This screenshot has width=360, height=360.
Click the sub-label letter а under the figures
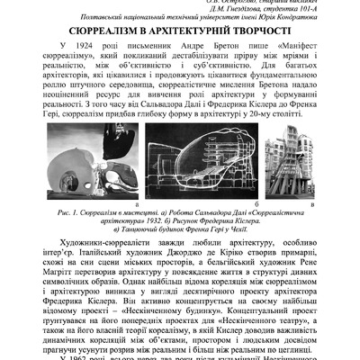coord(85,205)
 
